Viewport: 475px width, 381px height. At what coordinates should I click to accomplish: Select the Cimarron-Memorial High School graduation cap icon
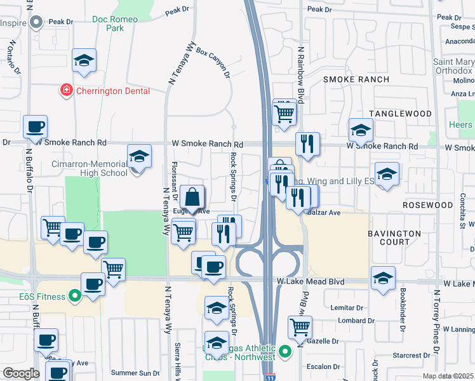139,156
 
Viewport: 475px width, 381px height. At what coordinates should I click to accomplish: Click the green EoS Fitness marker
75,296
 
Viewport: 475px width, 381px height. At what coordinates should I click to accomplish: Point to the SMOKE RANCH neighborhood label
356,79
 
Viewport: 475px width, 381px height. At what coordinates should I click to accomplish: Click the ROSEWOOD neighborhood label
428,206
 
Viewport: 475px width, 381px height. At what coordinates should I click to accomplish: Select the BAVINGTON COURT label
394,238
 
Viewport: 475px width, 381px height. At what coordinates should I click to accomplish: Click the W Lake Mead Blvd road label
310,281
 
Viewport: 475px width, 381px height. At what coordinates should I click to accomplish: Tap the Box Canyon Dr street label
213,62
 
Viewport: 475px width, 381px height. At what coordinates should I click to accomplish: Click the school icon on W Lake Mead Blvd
383,277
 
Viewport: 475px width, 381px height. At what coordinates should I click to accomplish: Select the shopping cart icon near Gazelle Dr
300,327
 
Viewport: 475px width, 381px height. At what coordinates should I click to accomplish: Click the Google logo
21,373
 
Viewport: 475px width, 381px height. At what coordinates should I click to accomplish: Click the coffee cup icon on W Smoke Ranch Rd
36,126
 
